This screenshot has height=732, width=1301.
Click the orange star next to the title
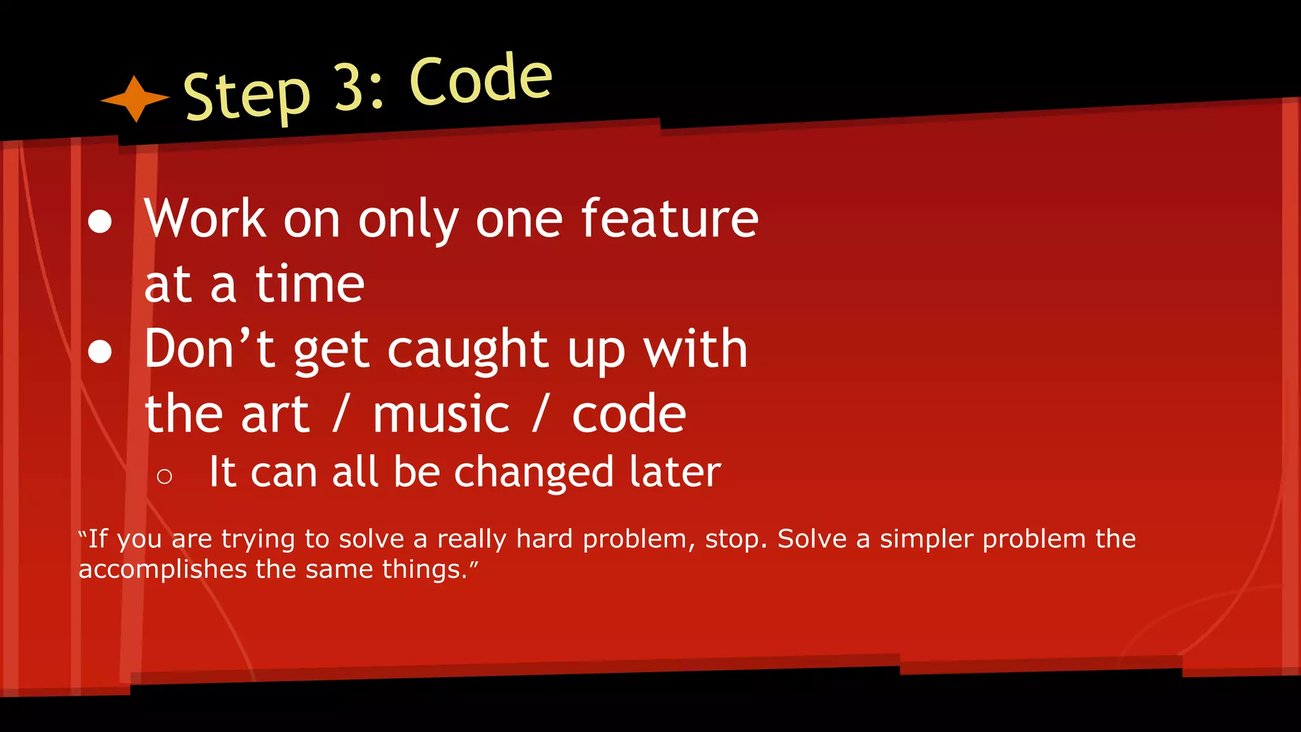click(x=135, y=98)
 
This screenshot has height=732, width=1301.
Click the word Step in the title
click(x=246, y=97)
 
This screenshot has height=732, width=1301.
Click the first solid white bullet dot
click(x=100, y=222)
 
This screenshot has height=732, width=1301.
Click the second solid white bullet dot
click(x=100, y=351)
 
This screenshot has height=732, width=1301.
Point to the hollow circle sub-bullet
click(x=164, y=476)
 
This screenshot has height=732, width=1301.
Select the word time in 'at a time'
click(x=309, y=284)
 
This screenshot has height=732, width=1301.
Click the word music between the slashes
click(x=441, y=414)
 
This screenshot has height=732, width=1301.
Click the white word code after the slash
click(x=629, y=414)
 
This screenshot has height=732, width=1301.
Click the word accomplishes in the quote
click(x=162, y=569)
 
